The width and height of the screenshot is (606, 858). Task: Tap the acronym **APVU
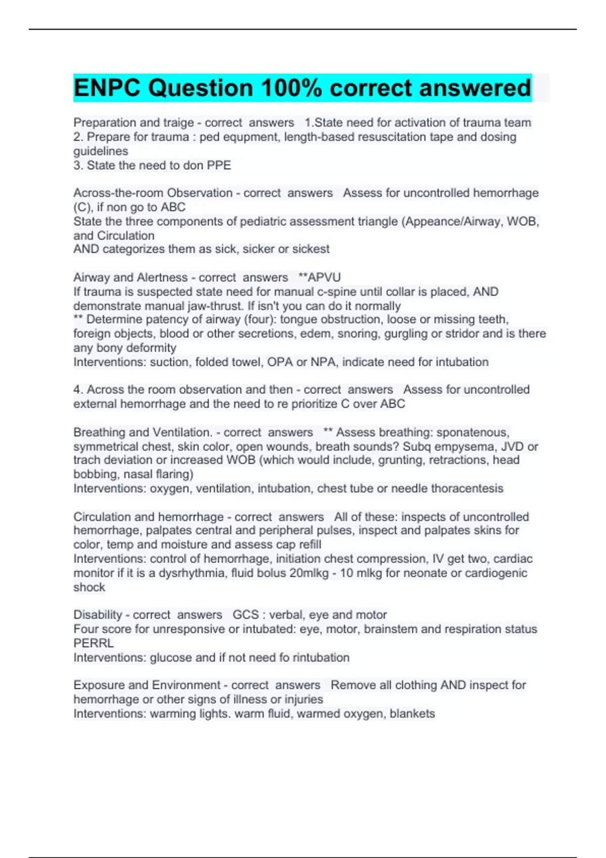click(320, 278)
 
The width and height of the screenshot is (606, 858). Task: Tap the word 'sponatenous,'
click(473, 433)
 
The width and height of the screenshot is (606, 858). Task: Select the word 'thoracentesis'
click(468, 489)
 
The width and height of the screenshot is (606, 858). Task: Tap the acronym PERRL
click(94, 644)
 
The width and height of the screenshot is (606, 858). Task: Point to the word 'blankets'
click(412, 714)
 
